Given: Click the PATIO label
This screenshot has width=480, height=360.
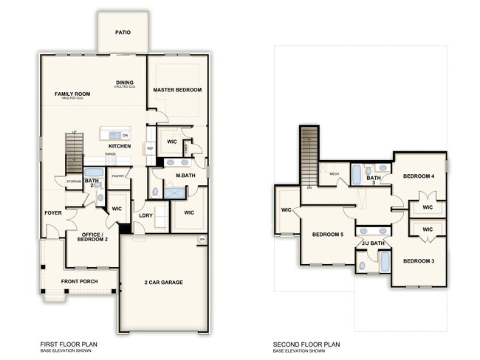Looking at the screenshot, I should click(x=123, y=33).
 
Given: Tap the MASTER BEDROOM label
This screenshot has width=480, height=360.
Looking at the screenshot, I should click(x=177, y=90).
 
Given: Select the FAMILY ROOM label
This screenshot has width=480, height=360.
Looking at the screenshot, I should click(x=72, y=94).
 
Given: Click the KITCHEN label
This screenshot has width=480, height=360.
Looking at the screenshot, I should click(x=120, y=146).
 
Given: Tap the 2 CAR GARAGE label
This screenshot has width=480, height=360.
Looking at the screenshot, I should click(x=163, y=283).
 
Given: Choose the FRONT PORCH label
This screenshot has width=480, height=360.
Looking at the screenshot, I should click(x=80, y=282).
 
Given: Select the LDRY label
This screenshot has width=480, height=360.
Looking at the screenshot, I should click(x=145, y=215).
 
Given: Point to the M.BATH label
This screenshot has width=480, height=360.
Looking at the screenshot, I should click(x=185, y=176).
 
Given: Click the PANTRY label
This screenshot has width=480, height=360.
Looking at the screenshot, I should click(x=117, y=176).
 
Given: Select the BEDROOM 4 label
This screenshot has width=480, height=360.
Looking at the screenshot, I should click(x=419, y=176).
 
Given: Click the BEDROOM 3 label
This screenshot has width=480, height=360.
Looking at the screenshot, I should click(x=418, y=261).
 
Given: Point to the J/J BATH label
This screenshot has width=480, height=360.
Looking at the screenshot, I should click(x=373, y=243).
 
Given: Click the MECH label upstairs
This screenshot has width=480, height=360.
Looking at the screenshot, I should click(x=334, y=174).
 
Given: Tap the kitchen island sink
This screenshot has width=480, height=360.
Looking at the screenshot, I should click(x=115, y=135).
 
